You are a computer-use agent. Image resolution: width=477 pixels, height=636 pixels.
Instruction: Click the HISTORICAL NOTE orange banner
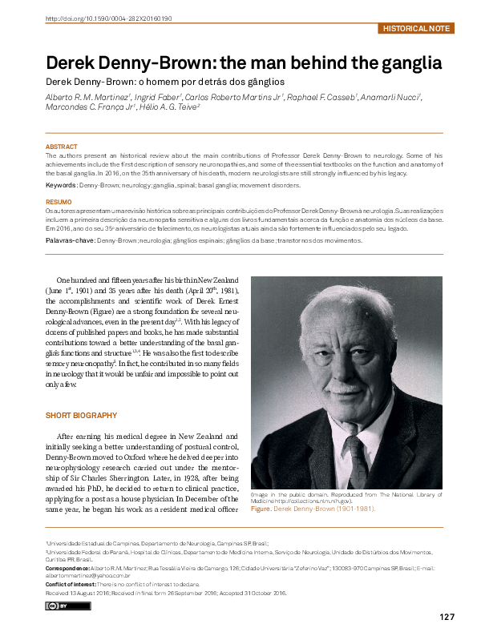click(x=417, y=28)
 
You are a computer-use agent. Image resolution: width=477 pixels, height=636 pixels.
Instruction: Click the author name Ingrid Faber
click(x=156, y=97)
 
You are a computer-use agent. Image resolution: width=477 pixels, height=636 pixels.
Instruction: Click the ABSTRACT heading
click(x=62, y=147)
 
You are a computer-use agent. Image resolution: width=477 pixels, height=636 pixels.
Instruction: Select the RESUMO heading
click(x=59, y=201)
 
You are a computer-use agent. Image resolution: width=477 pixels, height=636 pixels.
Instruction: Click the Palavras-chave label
click(x=70, y=240)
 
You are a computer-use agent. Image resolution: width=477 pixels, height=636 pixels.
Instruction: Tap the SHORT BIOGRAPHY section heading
click(x=82, y=416)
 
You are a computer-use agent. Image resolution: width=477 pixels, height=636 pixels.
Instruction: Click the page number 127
click(x=447, y=616)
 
